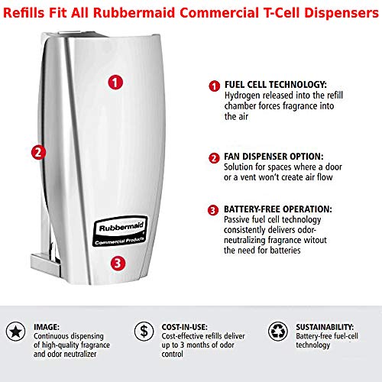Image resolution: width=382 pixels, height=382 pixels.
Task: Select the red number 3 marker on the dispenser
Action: [x=115, y=263]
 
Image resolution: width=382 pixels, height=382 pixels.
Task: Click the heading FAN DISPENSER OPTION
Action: [x=272, y=157]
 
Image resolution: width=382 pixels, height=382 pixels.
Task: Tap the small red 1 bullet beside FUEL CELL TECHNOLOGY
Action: [x=215, y=87]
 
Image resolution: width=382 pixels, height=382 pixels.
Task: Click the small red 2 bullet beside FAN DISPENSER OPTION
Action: [x=215, y=158]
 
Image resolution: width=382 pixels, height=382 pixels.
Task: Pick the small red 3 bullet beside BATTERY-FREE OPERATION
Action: [x=215, y=209]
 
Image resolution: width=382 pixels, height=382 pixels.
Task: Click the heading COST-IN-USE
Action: [x=183, y=324]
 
